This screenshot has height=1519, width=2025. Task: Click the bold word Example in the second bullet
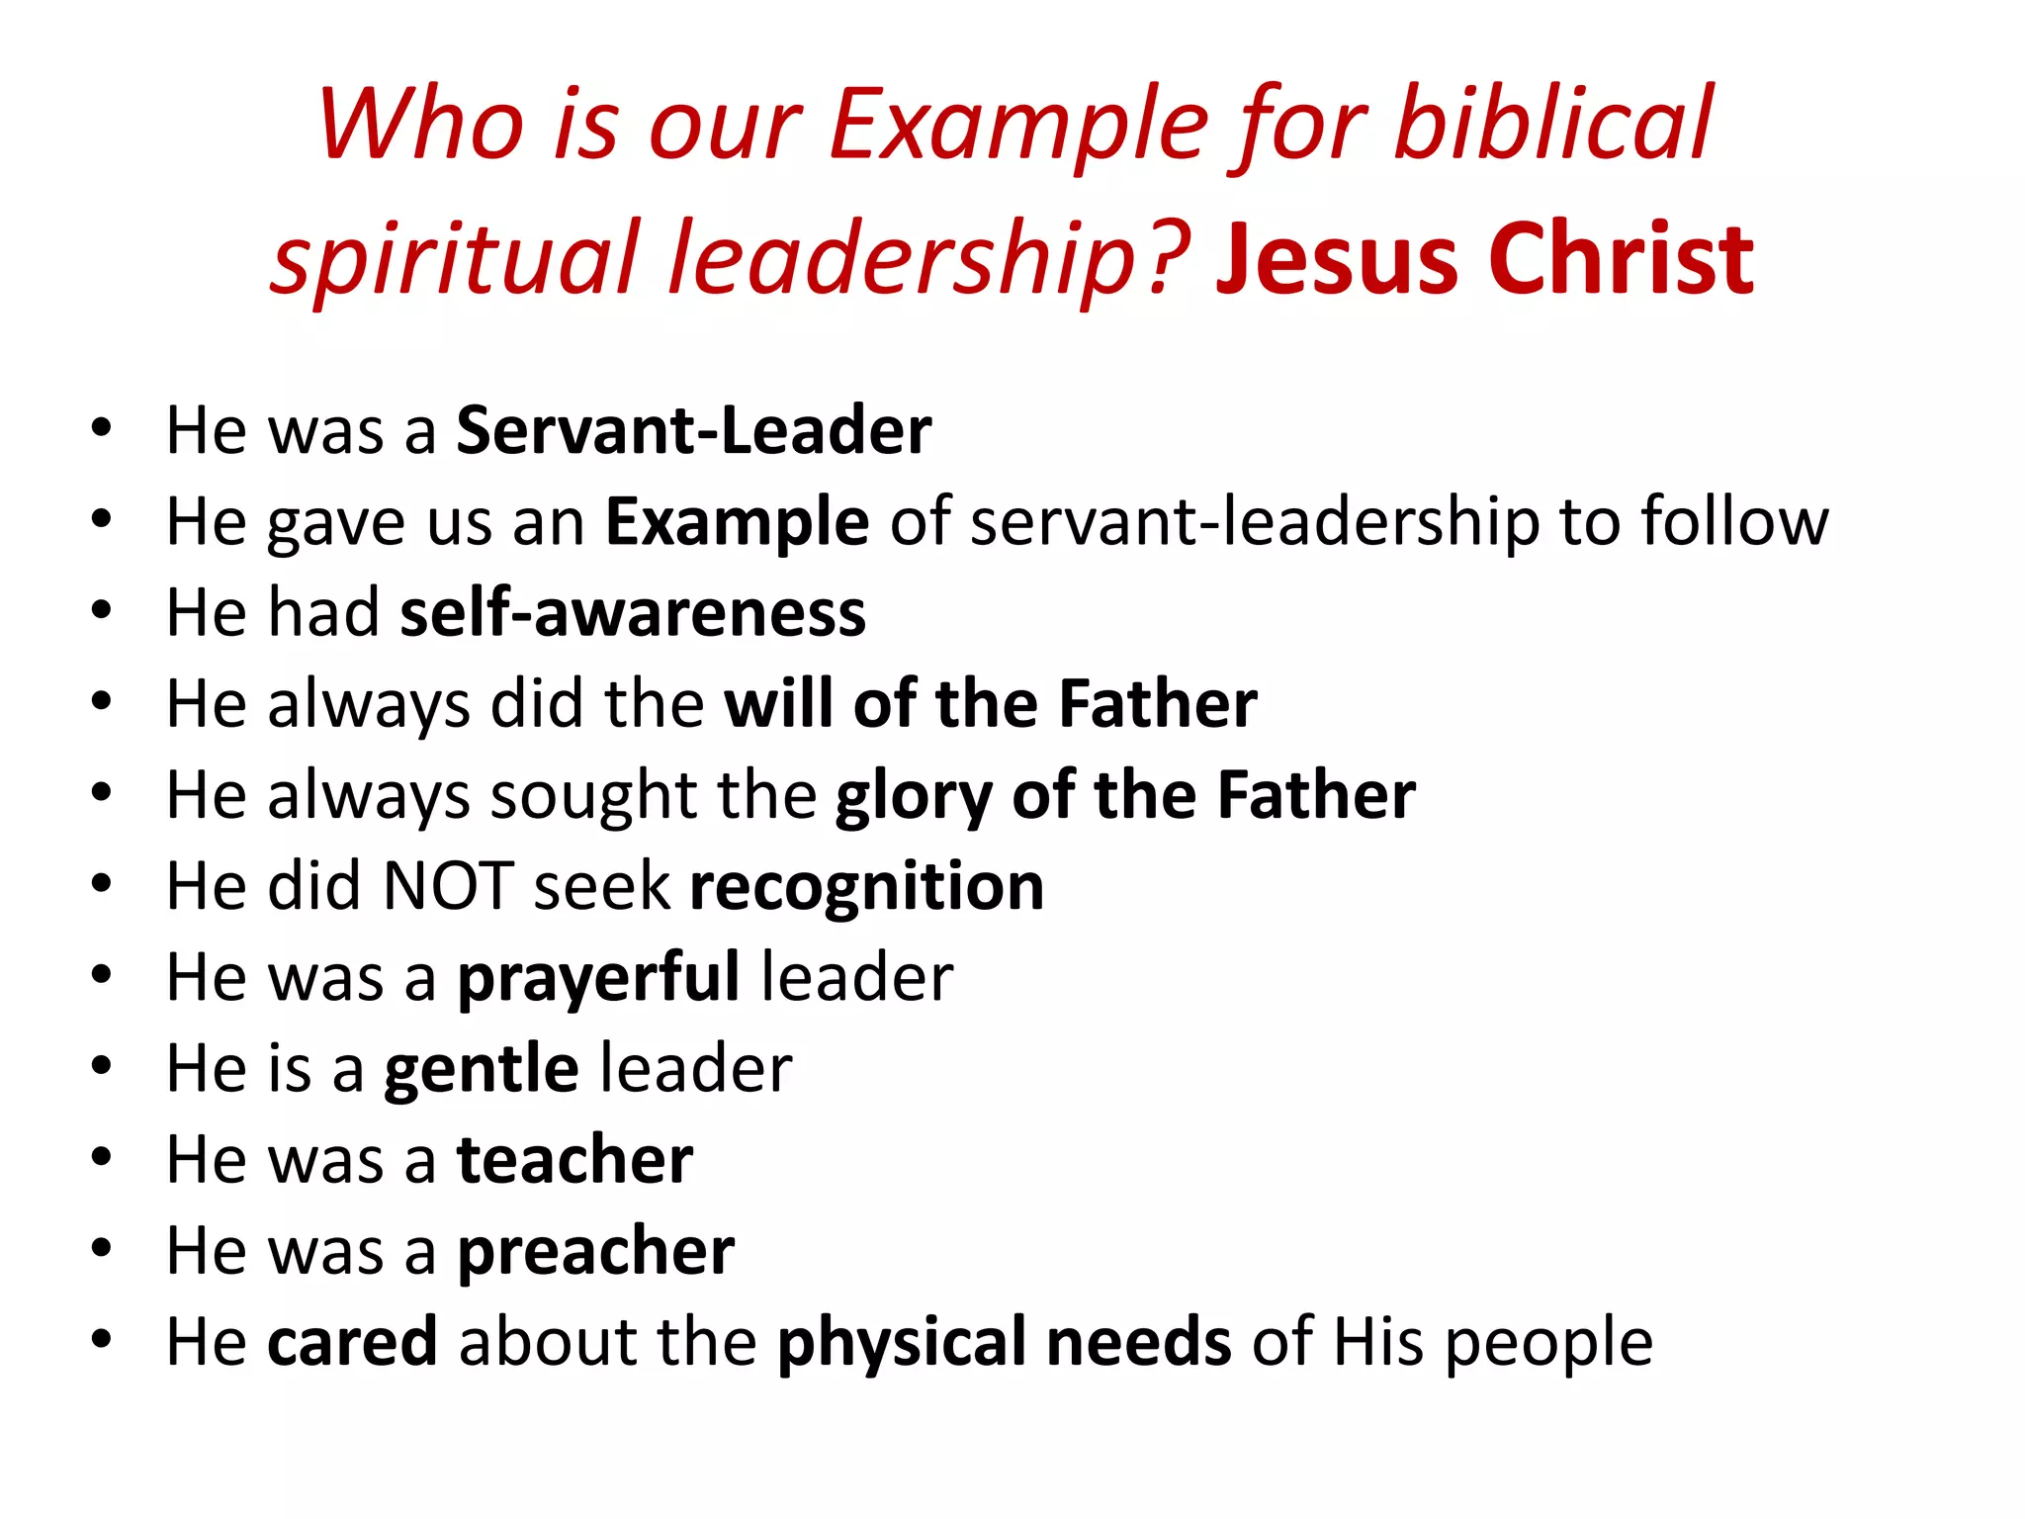(737, 522)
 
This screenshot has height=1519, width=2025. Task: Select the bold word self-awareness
(633, 612)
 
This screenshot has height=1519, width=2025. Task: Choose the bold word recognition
(866, 887)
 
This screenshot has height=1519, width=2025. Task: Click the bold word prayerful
(597, 978)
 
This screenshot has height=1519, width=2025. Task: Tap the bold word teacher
(574, 1159)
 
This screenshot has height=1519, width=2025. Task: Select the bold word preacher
(595, 1252)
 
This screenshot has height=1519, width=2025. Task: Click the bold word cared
(352, 1342)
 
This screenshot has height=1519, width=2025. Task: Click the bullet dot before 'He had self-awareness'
(101, 611)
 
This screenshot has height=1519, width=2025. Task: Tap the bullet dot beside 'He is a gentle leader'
(101, 1066)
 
